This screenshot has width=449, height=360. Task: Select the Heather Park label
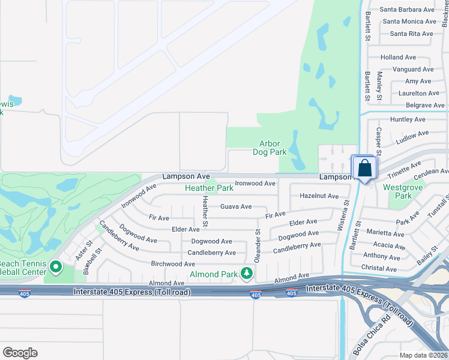(209, 188)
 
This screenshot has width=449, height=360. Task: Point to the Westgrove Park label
(397, 191)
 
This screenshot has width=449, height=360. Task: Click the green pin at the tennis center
(56, 266)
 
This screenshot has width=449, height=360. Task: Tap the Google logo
(20, 353)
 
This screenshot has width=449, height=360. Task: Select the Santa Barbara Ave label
(407, 10)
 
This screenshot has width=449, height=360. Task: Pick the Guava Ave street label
(236, 206)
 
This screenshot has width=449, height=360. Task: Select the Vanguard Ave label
(413, 70)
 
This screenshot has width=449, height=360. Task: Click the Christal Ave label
(379, 269)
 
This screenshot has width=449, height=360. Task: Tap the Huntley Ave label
(408, 119)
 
